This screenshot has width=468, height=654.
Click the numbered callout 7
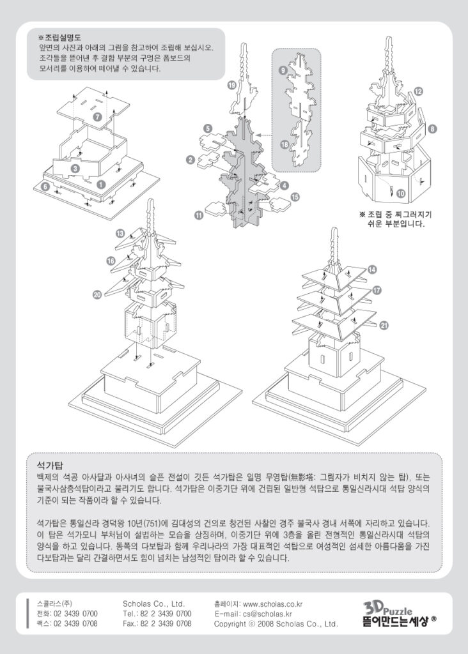[97, 118]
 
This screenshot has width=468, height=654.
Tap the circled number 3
[75, 169]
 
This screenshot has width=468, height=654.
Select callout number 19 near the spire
[231, 85]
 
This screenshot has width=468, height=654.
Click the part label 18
[285, 145]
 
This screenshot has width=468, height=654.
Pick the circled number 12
[417, 92]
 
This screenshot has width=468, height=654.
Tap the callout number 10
[400, 192]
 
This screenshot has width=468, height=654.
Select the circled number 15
[295, 197]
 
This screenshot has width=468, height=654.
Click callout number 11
[199, 217]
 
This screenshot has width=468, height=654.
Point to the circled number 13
[120, 234]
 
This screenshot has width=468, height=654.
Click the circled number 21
[384, 326]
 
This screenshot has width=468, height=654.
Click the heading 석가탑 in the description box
[49, 465]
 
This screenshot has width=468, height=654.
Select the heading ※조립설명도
[63, 38]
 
